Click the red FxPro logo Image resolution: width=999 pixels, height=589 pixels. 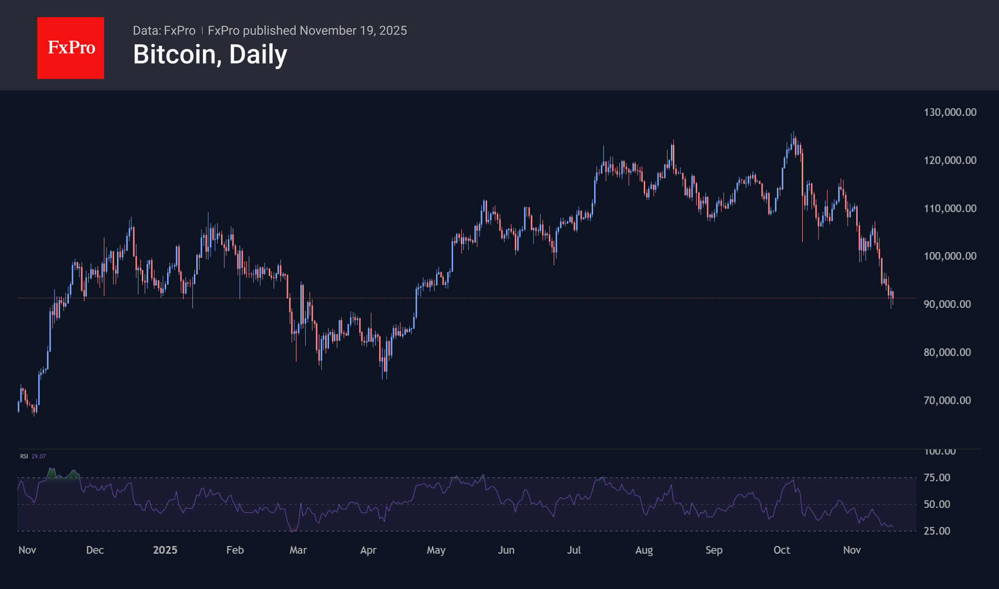[x=71, y=48]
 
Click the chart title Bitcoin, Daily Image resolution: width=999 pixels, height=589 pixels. [x=210, y=54]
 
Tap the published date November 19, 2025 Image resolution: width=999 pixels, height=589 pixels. [x=353, y=31]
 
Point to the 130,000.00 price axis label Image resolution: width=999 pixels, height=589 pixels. [x=950, y=112]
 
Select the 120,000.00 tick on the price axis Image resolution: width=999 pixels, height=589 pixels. [x=950, y=160]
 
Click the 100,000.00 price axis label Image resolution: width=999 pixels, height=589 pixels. [x=950, y=256]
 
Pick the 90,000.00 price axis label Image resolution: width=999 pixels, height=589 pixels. [x=947, y=305]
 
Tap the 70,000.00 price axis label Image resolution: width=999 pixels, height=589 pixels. [x=947, y=400]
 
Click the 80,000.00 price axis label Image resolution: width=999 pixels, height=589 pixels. [x=947, y=352]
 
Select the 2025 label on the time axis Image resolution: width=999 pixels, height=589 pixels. [x=165, y=550]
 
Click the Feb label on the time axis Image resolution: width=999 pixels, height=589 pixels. [x=235, y=550]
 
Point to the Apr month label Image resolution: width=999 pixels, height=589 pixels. [x=368, y=550]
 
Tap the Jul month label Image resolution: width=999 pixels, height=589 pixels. [x=574, y=550]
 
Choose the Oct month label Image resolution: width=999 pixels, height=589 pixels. [x=782, y=550]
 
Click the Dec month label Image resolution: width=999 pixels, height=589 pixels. [x=95, y=550]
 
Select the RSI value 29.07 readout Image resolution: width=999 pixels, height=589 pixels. [x=39, y=456]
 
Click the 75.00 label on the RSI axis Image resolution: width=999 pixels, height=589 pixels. [x=937, y=478]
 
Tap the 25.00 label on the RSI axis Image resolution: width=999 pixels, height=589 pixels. [x=937, y=531]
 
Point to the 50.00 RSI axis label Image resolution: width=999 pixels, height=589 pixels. [x=937, y=505]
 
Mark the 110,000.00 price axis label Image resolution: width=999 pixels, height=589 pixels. [x=950, y=209]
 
